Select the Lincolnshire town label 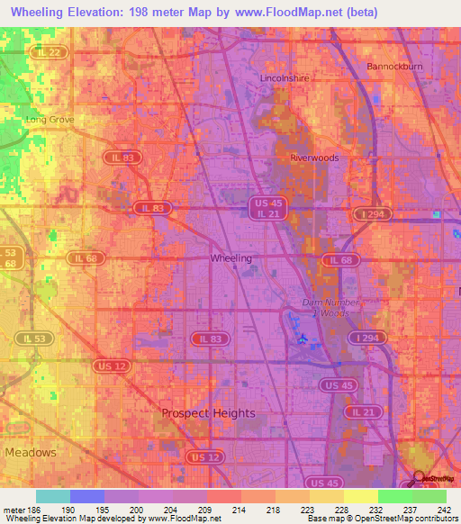(285, 78)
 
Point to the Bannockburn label (394, 67)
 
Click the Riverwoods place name (314, 158)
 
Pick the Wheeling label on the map (230, 258)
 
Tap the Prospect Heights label (208, 413)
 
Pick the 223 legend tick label (308, 510)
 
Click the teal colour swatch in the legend (53, 496)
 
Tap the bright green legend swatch (394, 496)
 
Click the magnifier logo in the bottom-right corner (420, 476)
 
